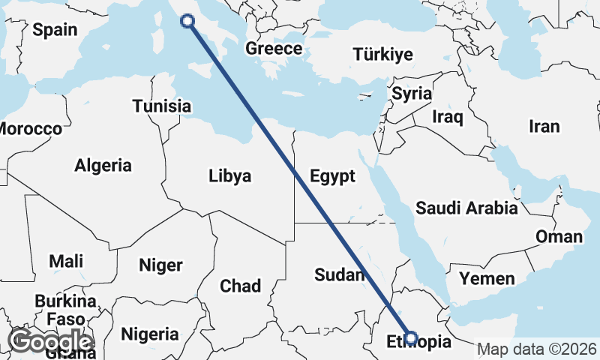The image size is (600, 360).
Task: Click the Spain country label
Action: tap(55, 30)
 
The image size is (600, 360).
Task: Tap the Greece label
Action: tap(274, 49)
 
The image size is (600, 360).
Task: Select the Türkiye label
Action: tap(382, 54)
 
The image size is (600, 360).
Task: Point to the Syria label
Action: tap(412, 94)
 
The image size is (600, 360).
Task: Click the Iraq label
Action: tap(448, 117)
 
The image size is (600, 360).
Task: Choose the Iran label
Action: tap(544, 126)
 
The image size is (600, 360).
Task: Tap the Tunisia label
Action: tap(161, 106)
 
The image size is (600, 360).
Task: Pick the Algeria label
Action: tap(103, 165)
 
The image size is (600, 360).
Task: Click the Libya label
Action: tap(229, 176)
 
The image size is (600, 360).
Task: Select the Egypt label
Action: tap(331, 176)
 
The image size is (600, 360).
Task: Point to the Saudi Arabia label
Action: tap(466, 208)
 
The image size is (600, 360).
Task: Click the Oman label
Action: tap(558, 237)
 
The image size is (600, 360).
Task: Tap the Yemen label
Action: tap(487, 279)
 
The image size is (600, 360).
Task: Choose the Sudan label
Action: tap(339, 274)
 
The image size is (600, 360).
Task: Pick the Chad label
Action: tap(240, 286)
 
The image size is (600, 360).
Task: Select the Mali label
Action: tap(66, 262)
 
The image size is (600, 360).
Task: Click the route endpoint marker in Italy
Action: tap(187, 21)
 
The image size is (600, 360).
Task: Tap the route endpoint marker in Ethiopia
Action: tap(410, 337)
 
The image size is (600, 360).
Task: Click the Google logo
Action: tap(49, 341)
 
